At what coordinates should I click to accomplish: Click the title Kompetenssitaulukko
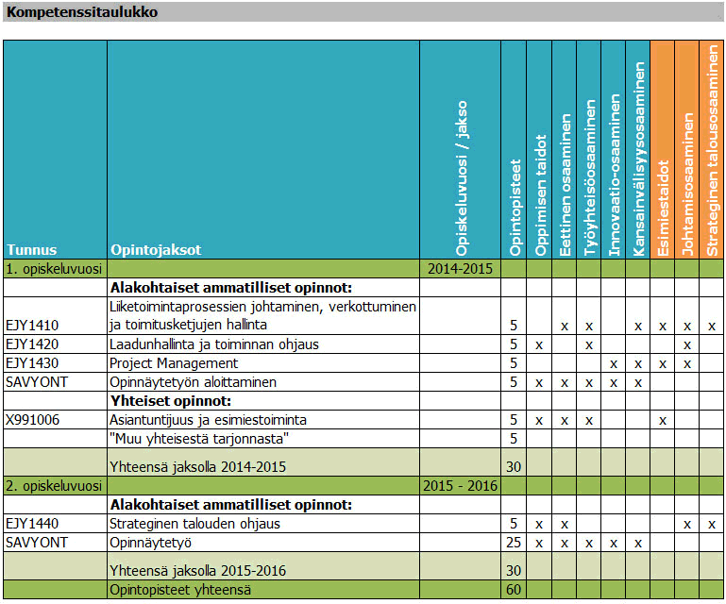(x=82, y=13)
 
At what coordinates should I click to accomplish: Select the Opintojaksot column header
(x=156, y=250)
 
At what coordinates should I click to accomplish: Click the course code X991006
(x=33, y=419)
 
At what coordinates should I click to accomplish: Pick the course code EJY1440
(x=31, y=524)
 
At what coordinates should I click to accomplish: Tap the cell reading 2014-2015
(x=460, y=269)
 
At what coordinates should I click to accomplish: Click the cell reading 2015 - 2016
(x=460, y=486)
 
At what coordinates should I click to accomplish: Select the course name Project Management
(x=174, y=363)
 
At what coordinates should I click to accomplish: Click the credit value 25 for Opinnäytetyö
(x=514, y=543)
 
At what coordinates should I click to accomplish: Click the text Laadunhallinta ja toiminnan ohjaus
(x=214, y=344)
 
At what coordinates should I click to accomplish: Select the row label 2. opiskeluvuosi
(x=53, y=486)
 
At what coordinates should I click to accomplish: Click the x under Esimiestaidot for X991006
(x=663, y=419)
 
